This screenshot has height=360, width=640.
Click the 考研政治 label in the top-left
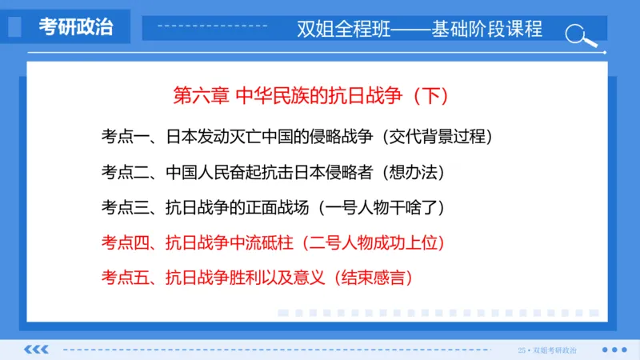[76, 26]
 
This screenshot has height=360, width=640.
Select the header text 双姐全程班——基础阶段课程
[419, 29]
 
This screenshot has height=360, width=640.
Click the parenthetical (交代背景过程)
[435, 136]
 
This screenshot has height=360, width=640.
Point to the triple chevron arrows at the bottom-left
[37, 350]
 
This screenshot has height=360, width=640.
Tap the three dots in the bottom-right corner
[614, 350]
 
